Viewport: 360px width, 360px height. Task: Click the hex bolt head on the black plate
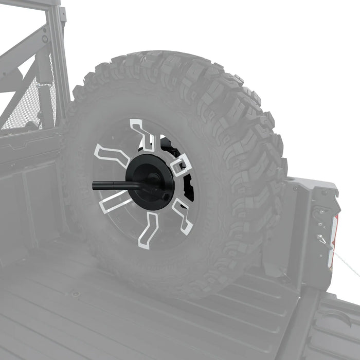[165, 196]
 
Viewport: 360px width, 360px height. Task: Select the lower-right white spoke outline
[182, 216]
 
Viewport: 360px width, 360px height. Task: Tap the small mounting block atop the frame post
[62, 13]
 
